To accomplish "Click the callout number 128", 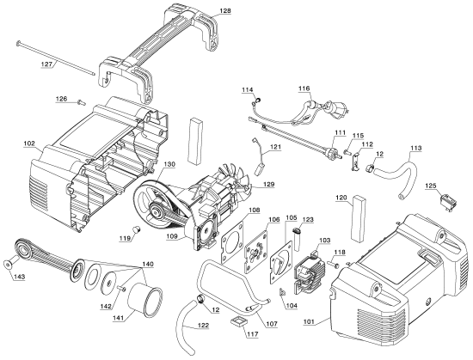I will [x=224, y=10].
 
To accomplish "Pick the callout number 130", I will [x=169, y=163].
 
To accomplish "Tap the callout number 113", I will [x=415, y=149].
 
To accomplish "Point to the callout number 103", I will [x=325, y=241].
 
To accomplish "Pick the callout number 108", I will [x=255, y=210].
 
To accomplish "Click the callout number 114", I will [x=248, y=89].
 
